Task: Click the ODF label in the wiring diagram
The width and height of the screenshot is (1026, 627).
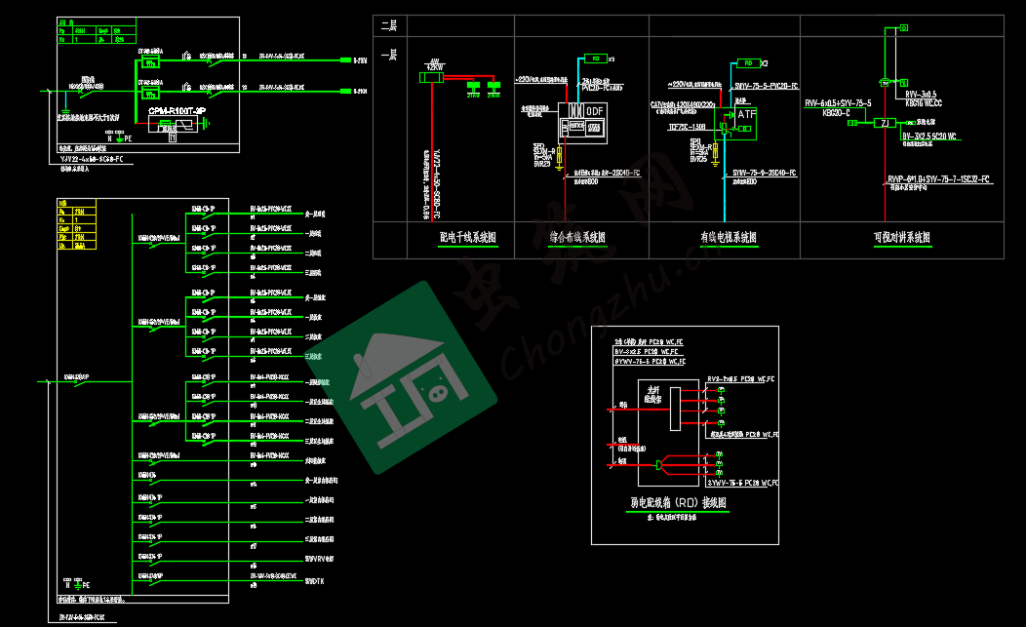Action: point(594,111)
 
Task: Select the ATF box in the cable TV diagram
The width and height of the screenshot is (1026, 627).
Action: point(746,115)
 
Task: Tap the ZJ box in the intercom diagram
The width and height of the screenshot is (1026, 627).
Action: point(886,123)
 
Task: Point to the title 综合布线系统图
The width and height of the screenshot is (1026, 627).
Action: point(577,237)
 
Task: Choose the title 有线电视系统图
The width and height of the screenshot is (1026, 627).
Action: point(728,237)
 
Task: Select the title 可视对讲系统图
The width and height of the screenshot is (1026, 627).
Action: point(902,237)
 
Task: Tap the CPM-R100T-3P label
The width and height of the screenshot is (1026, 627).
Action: point(177,112)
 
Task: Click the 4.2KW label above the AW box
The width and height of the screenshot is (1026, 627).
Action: point(433,68)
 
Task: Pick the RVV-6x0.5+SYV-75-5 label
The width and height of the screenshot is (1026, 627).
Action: point(838,101)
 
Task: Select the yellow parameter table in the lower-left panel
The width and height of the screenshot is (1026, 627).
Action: point(76,223)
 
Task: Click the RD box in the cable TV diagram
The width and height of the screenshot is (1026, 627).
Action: point(747,62)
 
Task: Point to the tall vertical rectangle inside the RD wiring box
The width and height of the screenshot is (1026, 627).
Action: point(674,406)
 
